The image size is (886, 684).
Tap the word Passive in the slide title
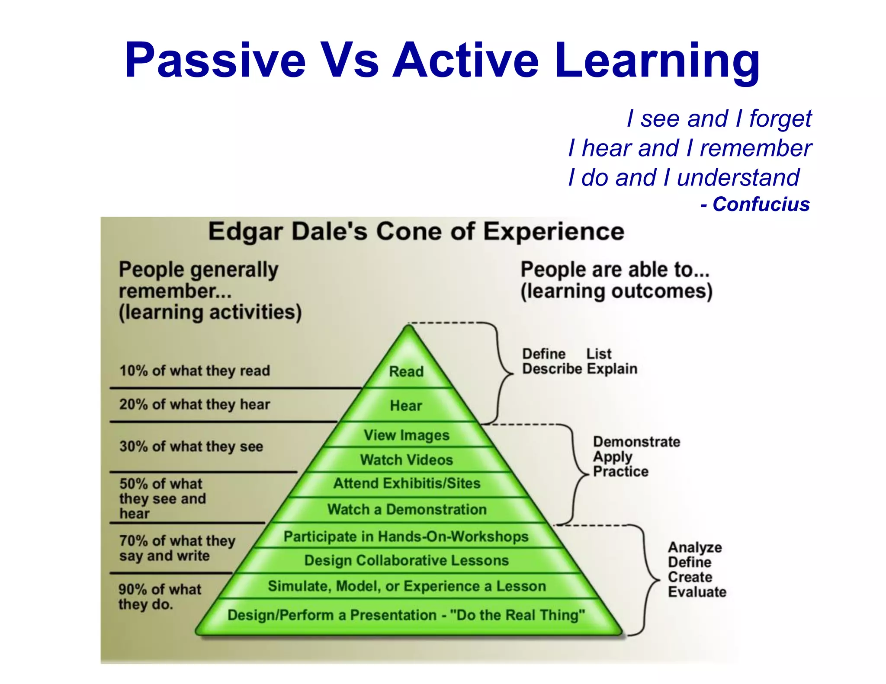pyautogui.click(x=215, y=60)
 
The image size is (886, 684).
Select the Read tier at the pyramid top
pyautogui.click(x=406, y=371)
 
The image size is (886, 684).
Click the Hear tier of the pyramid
pyautogui.click(x=406, y=405)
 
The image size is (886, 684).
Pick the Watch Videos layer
pyautogui.click(x=406, y=460)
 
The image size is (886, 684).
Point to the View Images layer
pyautogui.click(x=406, y=435)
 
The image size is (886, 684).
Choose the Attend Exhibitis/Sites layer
pyautogui.click(x=407, y=483)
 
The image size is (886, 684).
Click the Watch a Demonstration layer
pyautogui.click(x=407, y=509)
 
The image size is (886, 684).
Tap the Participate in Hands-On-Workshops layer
pyautogui.click(x=406, y=536)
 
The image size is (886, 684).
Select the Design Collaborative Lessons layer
pyautogui.click(x=406, y=560)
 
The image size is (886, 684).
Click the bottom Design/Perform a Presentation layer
pyautogui.click(x=406, y=615)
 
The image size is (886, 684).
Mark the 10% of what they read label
pyautogui.click(x=195, y=371)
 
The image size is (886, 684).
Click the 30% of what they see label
pyautogui.click(x=191, y=446)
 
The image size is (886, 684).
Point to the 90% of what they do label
pyautogui.click(x=160, y=597)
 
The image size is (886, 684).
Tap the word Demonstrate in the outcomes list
pyautogui.click(x=636, y=441)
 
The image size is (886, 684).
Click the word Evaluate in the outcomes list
pyautogui.click(x=697, y=591)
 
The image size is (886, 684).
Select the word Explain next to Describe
pyautogui.click(x=612, y=369)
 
